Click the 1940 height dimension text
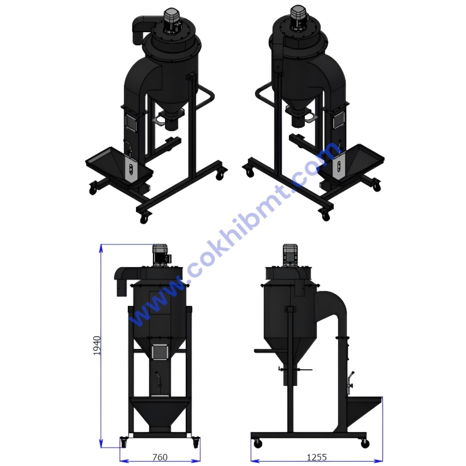click(97, 345)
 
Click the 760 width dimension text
click(160, 457)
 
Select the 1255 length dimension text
click(317, 457)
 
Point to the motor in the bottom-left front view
click(161, 254)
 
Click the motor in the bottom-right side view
click(290, 254)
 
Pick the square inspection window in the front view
click(160, 353)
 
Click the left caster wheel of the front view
click(123, 442)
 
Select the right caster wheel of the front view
click(196, 442)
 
